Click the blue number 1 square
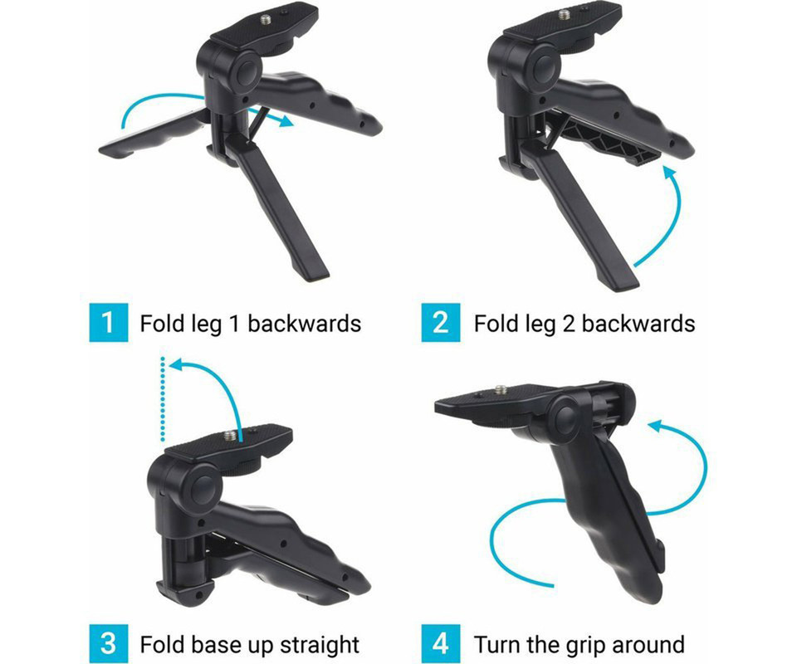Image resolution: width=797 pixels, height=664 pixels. pos(108,322)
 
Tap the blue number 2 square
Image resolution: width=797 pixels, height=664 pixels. pos(441,322)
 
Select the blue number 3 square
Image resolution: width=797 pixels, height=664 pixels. pos(108,644)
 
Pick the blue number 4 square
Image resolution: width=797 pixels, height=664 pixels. pos(441,644)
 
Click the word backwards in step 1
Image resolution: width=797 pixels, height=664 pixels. pos(305,324)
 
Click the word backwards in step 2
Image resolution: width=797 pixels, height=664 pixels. pos(638,324)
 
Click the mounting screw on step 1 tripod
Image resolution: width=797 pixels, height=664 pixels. pos(266,20)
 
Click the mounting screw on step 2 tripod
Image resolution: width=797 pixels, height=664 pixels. pos(564,15)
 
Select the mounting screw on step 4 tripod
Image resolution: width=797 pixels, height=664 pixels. pos(501,390)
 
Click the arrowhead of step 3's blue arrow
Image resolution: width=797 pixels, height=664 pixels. pos(177,364)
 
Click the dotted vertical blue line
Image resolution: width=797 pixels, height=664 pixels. pos(162,399)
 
